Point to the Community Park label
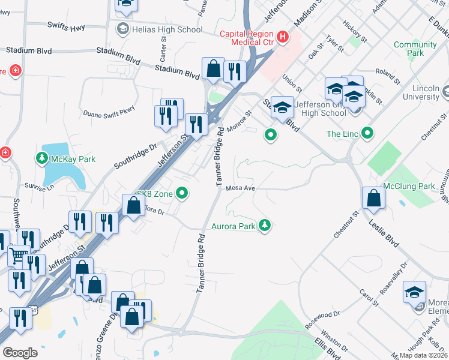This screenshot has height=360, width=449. pyautogui.click(x=415, y=49)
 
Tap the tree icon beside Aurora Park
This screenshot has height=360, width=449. pyautogui.click(x=264, y=226)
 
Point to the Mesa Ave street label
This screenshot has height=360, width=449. pyautogui.click(x=241, y=188)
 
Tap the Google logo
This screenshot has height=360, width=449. pyautogui.click(x=20, y=352)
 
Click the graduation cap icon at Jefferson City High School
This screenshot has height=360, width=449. pyautogui.click(x=282, y=107)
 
